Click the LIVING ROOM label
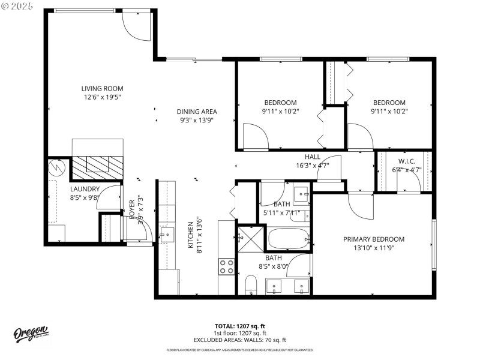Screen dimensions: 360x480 [101, 88]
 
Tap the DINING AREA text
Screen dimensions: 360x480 [197, 112]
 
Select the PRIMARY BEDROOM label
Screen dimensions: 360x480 [373, 239]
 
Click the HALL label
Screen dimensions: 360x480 [312, 157]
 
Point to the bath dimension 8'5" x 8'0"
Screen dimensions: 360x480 [274, 266]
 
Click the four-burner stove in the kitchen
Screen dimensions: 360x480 [226, 266]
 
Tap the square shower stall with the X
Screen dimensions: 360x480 [251, 238]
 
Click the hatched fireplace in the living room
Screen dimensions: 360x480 [97, 166]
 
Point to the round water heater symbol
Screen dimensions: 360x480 [57, 166]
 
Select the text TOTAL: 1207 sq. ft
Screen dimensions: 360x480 [240, 326]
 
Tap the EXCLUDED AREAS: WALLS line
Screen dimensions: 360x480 [240, 340]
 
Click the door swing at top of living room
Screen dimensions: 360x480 [137, 26]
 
